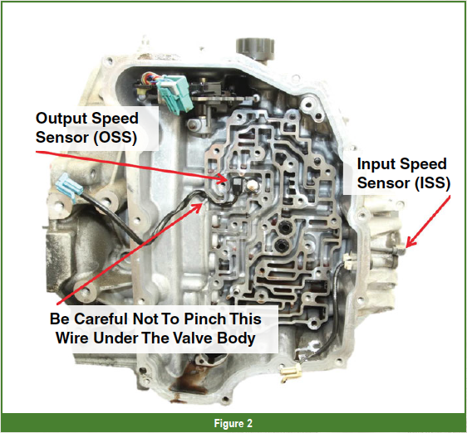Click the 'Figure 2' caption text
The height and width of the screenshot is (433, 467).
coord(233,423)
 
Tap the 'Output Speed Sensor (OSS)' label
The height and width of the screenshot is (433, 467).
coord(87,128)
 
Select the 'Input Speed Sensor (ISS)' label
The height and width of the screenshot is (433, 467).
coord(404,173)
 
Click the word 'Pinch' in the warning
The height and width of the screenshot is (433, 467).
coord(205,319)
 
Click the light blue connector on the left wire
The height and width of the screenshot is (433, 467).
coord(69,188)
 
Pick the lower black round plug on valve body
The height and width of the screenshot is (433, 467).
coord(281,244)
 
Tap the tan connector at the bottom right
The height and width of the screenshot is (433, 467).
coord(290,372)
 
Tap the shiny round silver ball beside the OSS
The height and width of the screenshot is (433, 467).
coord(251,185)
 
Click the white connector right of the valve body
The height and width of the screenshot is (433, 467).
coord(349,261)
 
